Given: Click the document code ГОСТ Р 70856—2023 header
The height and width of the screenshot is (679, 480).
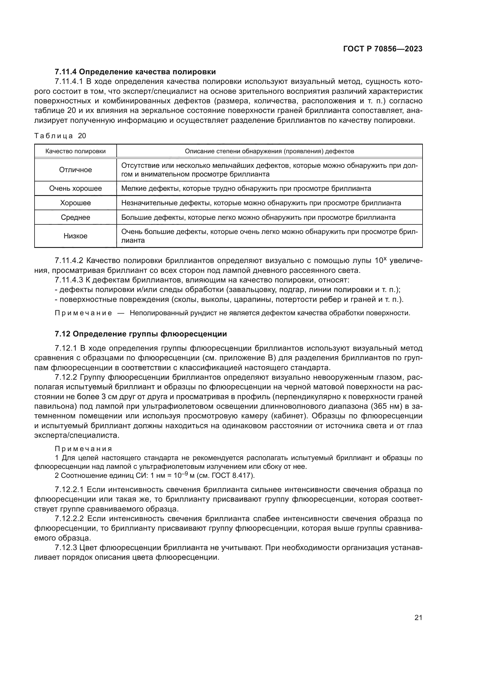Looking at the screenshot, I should [x=382, y=49].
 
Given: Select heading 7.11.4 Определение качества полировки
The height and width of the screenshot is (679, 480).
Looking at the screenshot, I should [x=135, y=72].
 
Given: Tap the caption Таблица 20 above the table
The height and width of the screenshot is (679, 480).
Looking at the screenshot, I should [x=60, y=136].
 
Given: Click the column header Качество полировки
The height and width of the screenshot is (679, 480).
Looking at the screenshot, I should [x=75, y=152].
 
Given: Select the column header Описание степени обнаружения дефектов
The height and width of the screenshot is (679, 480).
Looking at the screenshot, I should [x=269, y=152].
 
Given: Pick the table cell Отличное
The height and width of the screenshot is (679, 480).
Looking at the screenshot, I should [x=75, y=170].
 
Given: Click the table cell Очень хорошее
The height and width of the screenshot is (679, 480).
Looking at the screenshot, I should [x=75, y=188].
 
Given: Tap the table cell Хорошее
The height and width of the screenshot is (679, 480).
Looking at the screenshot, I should [x=75, y=203].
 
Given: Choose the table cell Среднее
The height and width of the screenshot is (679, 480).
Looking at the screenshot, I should [x=75, y=217].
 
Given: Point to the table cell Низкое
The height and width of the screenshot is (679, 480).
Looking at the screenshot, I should [x=75, y=236].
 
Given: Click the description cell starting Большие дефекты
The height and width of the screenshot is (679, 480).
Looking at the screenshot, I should [x=258, y=217].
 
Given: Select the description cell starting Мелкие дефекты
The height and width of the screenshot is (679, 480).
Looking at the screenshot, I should [x=246, y=188].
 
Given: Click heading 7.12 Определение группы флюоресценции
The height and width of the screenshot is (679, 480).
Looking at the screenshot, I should [x=141, y=334].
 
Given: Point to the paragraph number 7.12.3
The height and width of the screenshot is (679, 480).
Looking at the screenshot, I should [x=66, y=548].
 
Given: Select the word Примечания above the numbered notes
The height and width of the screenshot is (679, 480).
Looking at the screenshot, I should [x=83, y=449].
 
